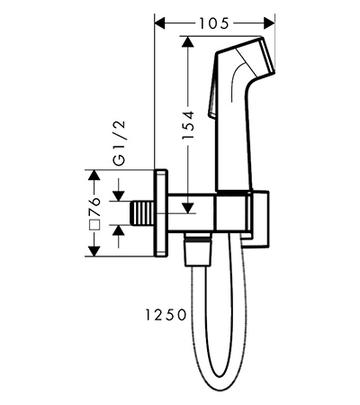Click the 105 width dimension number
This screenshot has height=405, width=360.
[214, 23]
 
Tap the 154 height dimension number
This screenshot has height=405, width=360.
[189, 125]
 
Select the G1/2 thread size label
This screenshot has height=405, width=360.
[121, 143]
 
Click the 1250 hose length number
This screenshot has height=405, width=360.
[166, 315]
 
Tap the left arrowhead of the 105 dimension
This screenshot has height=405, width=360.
[159, 23]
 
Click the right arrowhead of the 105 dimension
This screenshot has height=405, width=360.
[269, 23]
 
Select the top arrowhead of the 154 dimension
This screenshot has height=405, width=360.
[187, 41]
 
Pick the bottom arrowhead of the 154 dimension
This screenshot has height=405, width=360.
[188, 208]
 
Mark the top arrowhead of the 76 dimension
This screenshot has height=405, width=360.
[94, 175]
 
